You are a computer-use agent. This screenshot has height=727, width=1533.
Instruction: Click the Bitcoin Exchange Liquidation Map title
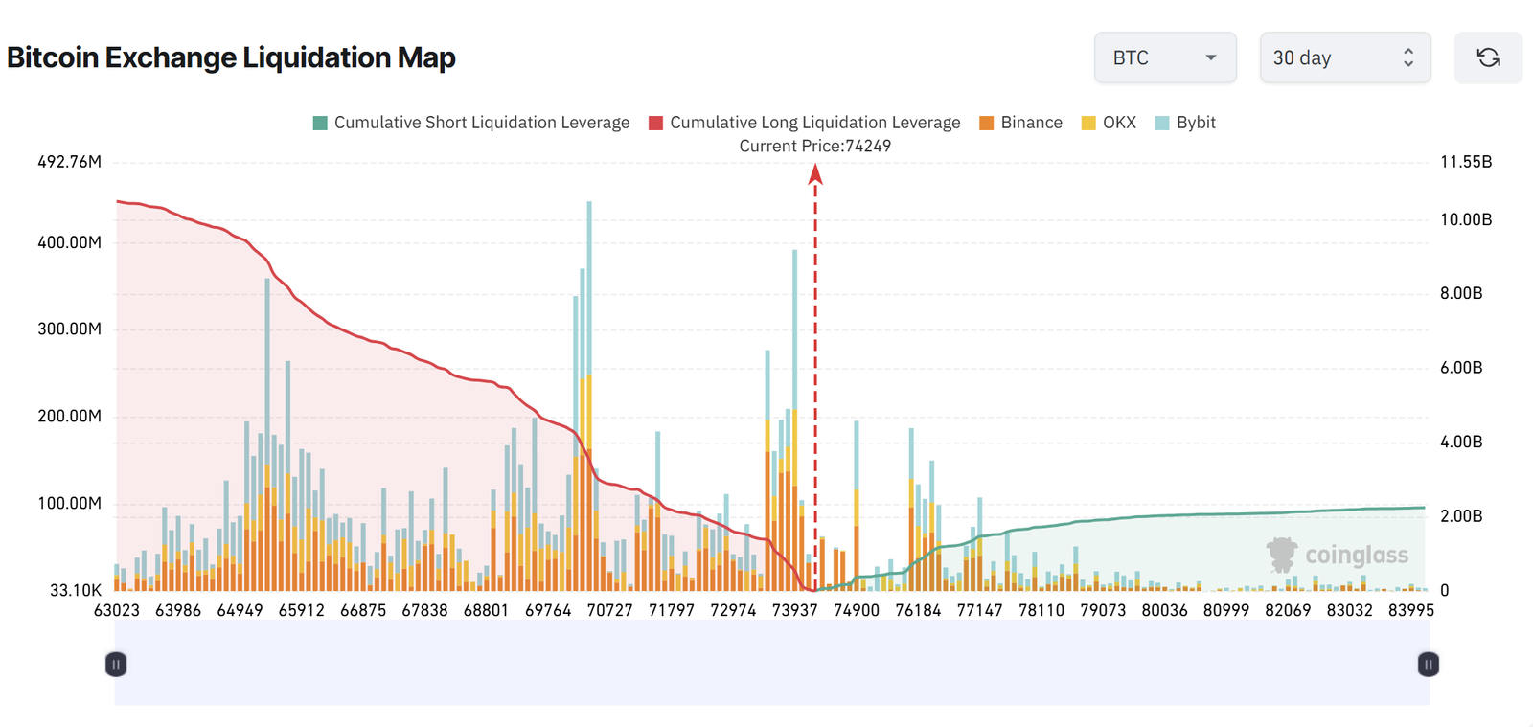(231, 57)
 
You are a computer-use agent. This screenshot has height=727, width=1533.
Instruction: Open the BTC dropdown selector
(1165, 57)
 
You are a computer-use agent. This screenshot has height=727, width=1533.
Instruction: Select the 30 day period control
(1344, 57)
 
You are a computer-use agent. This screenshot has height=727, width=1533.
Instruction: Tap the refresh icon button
(1488, 57)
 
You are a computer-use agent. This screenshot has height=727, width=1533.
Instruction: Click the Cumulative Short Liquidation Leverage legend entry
(471, 123)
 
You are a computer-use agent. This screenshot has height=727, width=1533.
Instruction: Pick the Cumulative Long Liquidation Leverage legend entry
(805, 123)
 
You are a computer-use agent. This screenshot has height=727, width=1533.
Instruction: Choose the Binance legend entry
(1021, 123)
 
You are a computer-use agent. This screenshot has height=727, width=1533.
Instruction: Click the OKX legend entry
(1109, 123)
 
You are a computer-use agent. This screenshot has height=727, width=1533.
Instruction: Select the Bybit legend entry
(1185, 123)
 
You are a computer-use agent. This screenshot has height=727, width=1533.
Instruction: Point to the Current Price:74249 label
(814, 146)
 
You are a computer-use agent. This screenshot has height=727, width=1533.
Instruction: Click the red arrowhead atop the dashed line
(815, 173)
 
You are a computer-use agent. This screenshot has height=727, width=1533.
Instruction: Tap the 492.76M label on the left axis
(69, 162)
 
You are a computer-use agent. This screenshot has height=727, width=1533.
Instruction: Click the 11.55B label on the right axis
(1466, 162)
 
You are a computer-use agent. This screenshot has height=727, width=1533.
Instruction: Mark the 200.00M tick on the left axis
(69, 416)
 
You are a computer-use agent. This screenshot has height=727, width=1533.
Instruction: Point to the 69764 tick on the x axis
(548, 610)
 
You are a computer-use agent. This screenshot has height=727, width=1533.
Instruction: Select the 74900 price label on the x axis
(856, 610)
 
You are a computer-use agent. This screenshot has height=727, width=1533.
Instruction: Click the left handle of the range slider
(116, 664)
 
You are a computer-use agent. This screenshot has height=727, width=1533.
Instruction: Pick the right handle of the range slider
(1428, 664)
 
